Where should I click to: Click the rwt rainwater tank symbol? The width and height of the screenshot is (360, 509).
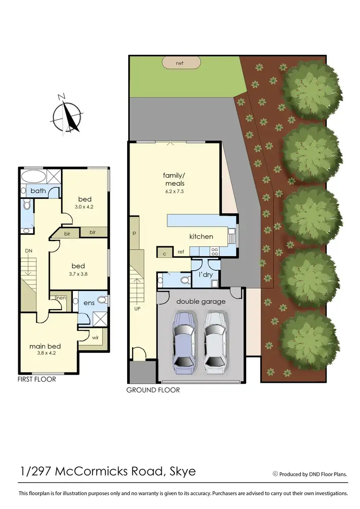[x=180, y=62]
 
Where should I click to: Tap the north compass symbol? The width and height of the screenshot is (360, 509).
[x=67, y=114]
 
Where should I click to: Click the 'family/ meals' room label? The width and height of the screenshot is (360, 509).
[x=174, y=179]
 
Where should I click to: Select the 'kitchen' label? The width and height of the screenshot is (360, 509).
[x=201, y=236]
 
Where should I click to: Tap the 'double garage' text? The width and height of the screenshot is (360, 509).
[x=201, y=301]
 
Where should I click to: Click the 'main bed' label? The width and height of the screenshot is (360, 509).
[x=45, y=346]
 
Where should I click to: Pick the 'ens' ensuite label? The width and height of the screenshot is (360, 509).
[x=89, y=303]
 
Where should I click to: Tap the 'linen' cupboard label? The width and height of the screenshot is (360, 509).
[x=60, y=298]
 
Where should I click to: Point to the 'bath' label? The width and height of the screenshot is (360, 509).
[x=38, y=191]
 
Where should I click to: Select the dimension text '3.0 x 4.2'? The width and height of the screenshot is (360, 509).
[x=84, y=207]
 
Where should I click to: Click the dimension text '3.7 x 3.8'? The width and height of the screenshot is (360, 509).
[x=78, y=274]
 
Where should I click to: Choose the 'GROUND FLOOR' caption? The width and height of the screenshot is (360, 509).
[x=153, y=390]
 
